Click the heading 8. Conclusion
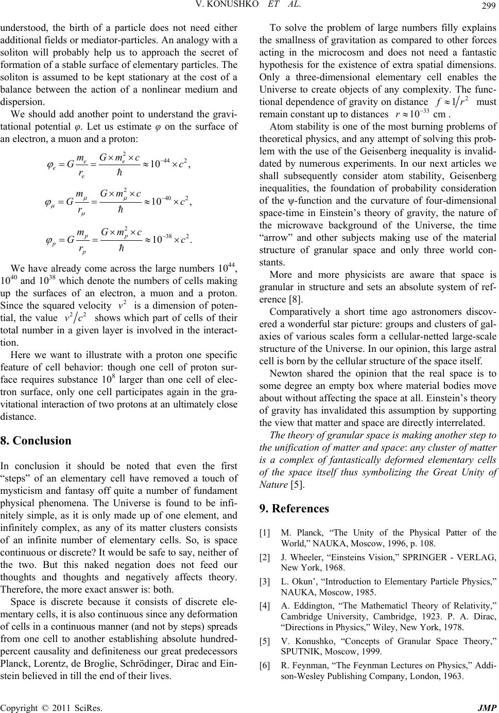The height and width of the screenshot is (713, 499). [x=37, y=441]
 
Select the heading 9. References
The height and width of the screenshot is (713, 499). [x=295, y=495]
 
